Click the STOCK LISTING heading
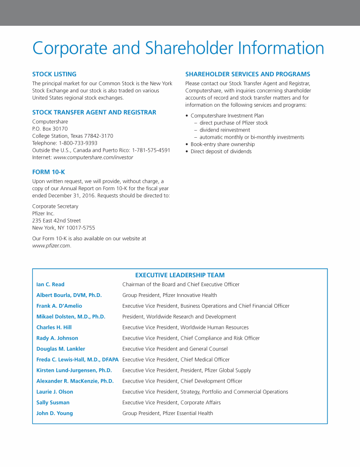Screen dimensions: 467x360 click(x=54, y=74)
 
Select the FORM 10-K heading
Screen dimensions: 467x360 click(x=48, y=172)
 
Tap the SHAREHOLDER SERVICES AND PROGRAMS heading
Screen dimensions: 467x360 click(x=247, y=74)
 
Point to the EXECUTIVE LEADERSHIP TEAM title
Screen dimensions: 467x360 click(x=180, y=275)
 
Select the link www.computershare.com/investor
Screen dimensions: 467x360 click(x=93, y=157)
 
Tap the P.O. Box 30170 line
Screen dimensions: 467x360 click(x=50, y=128)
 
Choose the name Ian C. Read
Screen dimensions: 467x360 click(x=50, y=284)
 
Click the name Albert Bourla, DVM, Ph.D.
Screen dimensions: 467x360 click(x=69, y=295)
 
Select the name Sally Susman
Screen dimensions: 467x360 click(x=53, y=402)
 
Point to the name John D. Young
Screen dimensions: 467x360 click(x=54, y=413)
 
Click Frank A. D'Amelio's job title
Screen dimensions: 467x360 click(x=205, y=306)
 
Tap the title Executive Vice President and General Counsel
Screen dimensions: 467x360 click(x=175, y=349)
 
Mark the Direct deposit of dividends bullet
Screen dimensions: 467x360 click(x=221, y=152)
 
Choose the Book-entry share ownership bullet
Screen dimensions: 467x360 click(x=222, y=145)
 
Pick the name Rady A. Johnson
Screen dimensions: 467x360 click(x=57, y=338)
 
